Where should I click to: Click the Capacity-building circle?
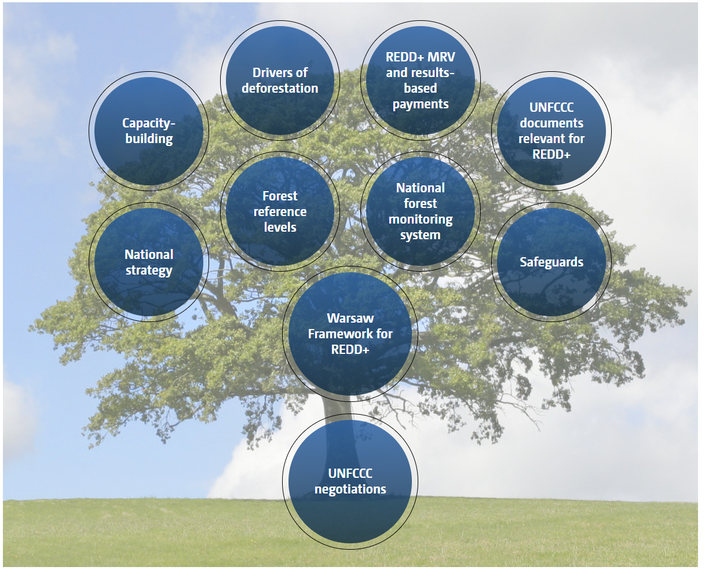149,131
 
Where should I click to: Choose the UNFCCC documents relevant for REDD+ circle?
551,131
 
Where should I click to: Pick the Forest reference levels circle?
280,211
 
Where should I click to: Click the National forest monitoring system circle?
421,211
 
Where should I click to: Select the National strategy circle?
149,262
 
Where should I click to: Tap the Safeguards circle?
551,262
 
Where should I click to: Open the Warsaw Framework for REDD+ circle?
350,334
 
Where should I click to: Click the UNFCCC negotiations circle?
350,481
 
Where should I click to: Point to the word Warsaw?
350,318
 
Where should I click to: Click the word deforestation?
280,88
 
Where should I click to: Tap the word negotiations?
350,489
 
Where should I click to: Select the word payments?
421,104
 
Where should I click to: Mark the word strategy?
149,270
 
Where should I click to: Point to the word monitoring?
421,220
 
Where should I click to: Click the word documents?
551,123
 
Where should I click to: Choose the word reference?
280,211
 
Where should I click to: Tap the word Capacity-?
149,123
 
